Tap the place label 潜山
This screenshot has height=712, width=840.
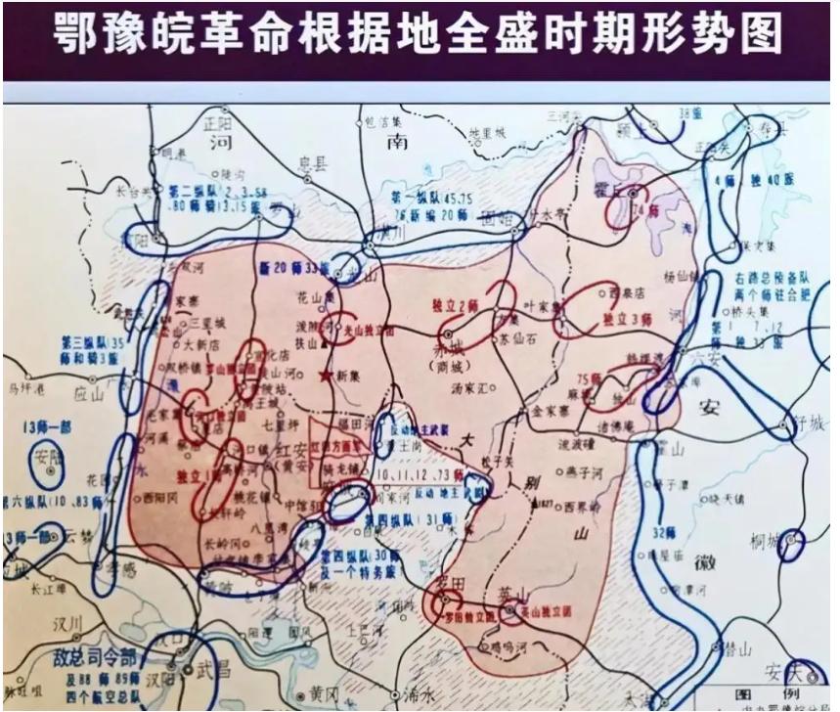pyautogui.click(x=742, y=646)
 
